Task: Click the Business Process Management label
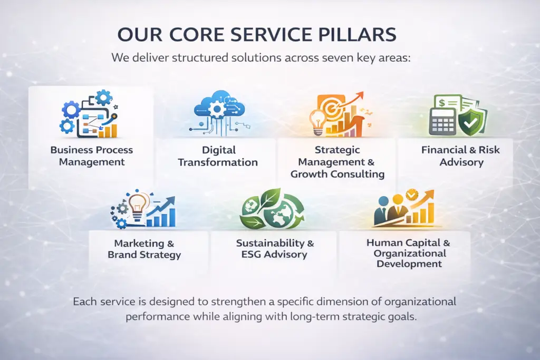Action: (x=92, y=156)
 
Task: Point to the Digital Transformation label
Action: (x=218, y=157)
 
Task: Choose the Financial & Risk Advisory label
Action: (x=461, y=156)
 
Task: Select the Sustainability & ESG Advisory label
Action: (x=275, y=249)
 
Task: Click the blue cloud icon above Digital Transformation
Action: (x=217, y=106)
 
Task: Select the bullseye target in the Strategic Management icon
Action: (x=334, y=108)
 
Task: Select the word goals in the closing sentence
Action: (x=401, y=317)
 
